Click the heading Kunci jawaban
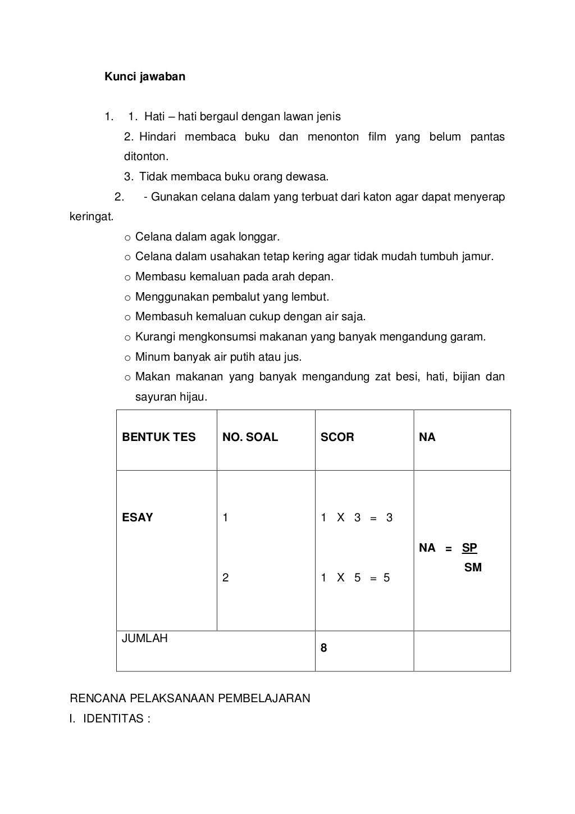click(144, 76)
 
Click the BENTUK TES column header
click(158, 437)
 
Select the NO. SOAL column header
click(250, 437)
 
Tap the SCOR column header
click(337, 437)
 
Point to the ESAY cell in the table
click(137, 517)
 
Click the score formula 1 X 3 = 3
click(357, 518)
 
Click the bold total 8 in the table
click(323, 648)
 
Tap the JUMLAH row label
click(145, 638)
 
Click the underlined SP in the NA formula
click(469, 548)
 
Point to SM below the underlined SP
click(473, 567)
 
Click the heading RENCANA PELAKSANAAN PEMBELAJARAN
click(190, 698)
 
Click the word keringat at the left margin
click(91, 217)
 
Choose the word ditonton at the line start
click(145, 157)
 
